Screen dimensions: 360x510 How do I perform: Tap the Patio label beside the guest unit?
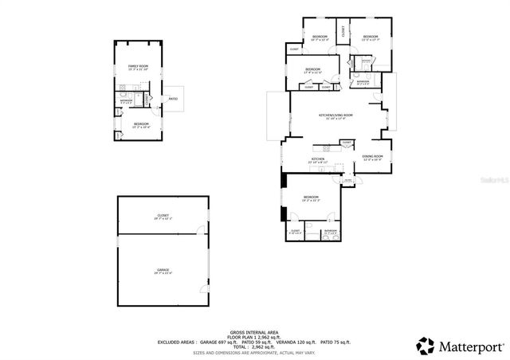point(173,99)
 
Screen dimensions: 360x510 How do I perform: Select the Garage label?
point(163,272)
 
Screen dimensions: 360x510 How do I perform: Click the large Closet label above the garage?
point(163,217)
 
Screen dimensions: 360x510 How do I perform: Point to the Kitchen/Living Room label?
point(335,116)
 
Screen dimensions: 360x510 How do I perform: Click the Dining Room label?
point(372,157)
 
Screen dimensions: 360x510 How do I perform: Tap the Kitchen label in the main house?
point(319,160)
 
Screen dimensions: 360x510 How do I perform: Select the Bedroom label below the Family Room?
point(140,125)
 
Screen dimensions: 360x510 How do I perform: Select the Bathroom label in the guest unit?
point(125,101)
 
